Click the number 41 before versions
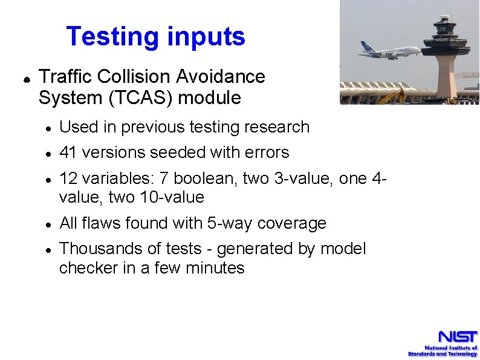coord(68,152)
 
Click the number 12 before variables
coord(68,178)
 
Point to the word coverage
coord(292,223)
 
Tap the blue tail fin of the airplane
coord(365,47)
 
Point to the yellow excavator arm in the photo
coord(393,95)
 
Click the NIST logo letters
coord(458,336)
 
